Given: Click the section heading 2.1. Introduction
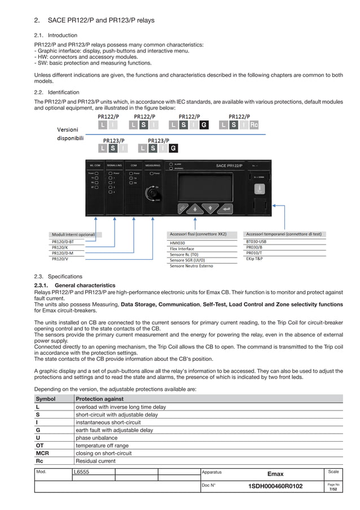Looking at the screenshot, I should (56, 35).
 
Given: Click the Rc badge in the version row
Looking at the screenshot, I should (253, 125).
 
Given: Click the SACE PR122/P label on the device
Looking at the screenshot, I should (229, 165).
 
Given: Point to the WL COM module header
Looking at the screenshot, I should (95, 165).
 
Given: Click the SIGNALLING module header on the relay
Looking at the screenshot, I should (115, 165).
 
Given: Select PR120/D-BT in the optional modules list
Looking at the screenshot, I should (63, 241).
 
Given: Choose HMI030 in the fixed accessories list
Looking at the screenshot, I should (178, 242).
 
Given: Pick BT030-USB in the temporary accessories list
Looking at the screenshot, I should (256, 241).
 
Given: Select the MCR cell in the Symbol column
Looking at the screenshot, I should (42, 453).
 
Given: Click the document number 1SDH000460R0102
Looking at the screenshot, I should (275, 486).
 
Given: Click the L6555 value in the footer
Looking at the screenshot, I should (81, 471).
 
